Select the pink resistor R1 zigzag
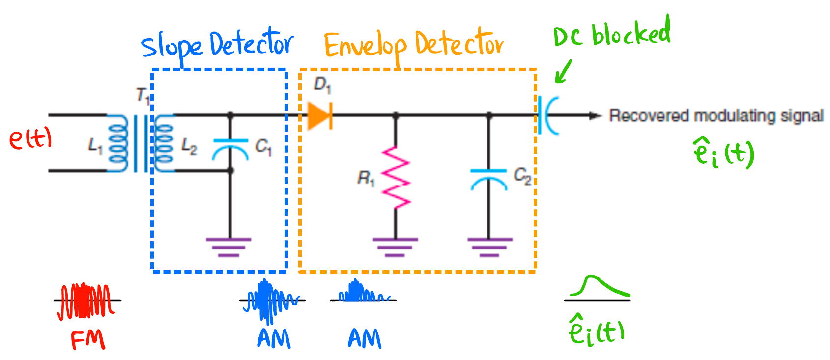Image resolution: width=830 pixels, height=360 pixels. (396, 177)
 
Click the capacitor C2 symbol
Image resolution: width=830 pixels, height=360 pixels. (488, 179)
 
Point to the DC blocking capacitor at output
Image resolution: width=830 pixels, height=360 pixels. (547, 116)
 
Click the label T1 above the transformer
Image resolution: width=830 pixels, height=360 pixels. (143, 95)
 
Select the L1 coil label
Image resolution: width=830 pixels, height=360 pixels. (95, 145)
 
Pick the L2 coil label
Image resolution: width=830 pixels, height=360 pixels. (189, 146)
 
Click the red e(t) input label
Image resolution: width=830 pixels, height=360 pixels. (30, 139)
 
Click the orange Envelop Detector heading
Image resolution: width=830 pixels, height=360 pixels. (413, 45)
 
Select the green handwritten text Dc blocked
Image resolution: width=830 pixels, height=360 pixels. (611, 33)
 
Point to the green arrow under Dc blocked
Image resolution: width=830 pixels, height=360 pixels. (563, 72)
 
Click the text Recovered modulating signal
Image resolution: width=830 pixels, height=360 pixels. (716, 116)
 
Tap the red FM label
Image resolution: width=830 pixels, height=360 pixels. (87, 339)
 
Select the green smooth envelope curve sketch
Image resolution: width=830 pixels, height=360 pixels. (598, 287)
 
